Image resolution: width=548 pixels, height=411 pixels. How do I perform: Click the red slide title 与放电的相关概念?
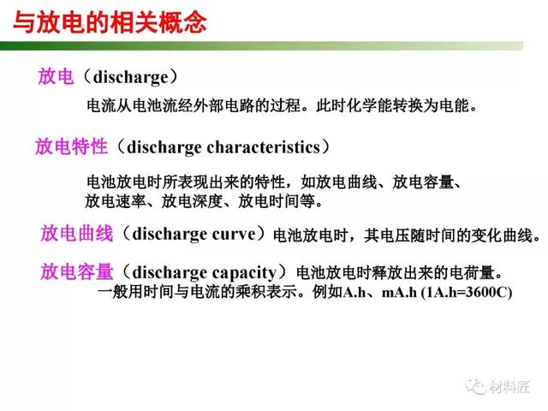[110, 22]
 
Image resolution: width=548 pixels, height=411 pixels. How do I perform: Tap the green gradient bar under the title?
[261, 45]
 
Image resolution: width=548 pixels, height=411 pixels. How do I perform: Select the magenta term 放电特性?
[71, 146]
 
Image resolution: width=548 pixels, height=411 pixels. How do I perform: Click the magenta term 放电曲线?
[77, 233]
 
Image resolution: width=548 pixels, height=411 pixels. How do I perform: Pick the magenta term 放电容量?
[77, 271]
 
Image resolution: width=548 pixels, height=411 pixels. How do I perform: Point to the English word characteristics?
[264, 146]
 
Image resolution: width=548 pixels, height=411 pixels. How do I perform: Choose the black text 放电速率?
[116, 201]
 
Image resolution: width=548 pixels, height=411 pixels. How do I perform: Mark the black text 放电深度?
[192, 201]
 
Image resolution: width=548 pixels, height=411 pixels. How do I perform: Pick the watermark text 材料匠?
[509, 387]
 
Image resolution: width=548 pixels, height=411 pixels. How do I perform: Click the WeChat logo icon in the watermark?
[476, 386]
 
